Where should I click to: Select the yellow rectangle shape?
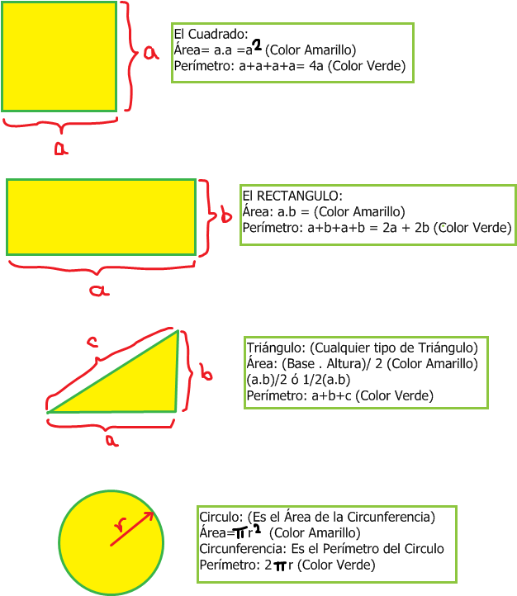101,217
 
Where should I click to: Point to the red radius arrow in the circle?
132,528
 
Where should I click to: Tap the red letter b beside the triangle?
206,373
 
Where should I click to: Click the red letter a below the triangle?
111,440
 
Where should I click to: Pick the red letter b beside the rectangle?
225,216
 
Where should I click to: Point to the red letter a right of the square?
150,53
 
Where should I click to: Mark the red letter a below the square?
60,148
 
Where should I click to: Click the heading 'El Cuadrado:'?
211,35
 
